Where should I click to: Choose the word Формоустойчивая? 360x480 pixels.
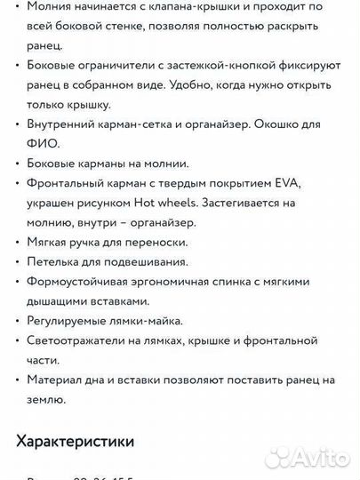[81, 282]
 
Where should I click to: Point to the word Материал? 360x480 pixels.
[55, 380]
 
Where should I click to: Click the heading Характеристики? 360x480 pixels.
[75, 440]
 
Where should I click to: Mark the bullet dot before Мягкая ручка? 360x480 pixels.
[18, 243]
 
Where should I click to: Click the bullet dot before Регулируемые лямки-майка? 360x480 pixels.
[18, 321]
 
